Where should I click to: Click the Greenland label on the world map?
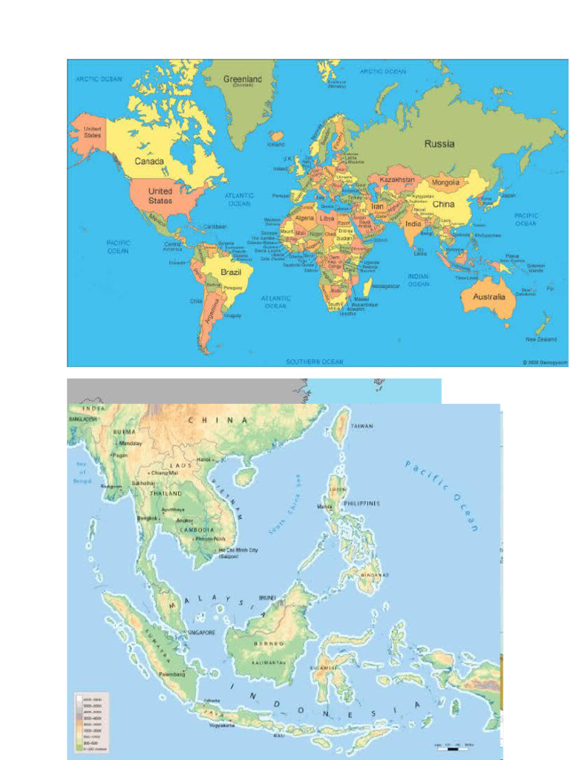click(x=243, y=79)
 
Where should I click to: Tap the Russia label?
click(x=439, y=143)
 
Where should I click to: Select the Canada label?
click(x=149, y=161)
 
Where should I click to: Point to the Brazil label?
click(x=229, y=272)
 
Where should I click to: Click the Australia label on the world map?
click(x=488, y=297)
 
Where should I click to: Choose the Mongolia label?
click(x=445, y=182)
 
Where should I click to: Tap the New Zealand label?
click(x=541, y=339)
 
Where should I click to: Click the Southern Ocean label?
click(x=315, y=361)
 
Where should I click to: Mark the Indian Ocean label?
click(x=418, y=280)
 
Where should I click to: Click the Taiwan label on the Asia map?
click(x=362, y=426)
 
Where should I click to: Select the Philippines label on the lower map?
click(x=361, y=503)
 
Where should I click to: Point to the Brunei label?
click(x=267, y=597)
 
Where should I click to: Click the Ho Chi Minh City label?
click(x=237, y=550)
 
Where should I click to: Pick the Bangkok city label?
click(x=148, y=518)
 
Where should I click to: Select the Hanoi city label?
click(x=204, y=460)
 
